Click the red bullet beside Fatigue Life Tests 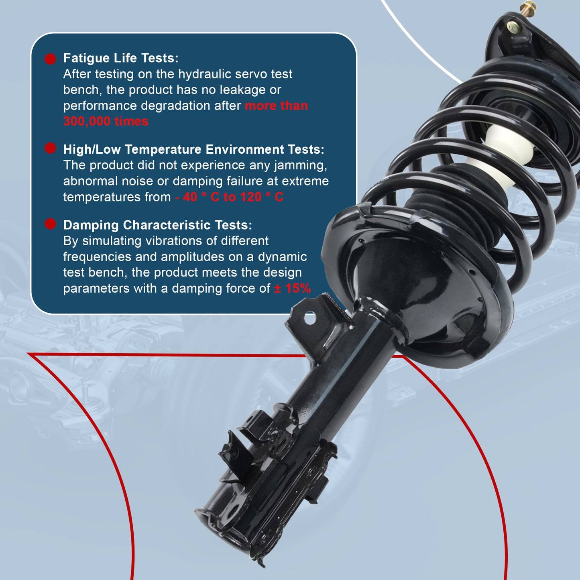tap(50, 59)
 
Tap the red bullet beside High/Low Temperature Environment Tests tap(50, 148)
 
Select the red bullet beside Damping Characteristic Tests tap(50, 224)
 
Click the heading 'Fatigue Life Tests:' tap(121, 58)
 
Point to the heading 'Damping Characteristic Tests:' tap(158, 225)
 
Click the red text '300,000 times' tap(106, 121)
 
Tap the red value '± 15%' tap(292, 288)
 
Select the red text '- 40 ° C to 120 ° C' tap(229, 197)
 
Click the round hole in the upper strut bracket tap(310, 319)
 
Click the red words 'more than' tap(276, 106)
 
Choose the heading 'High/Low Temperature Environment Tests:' tap(193, 149)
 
